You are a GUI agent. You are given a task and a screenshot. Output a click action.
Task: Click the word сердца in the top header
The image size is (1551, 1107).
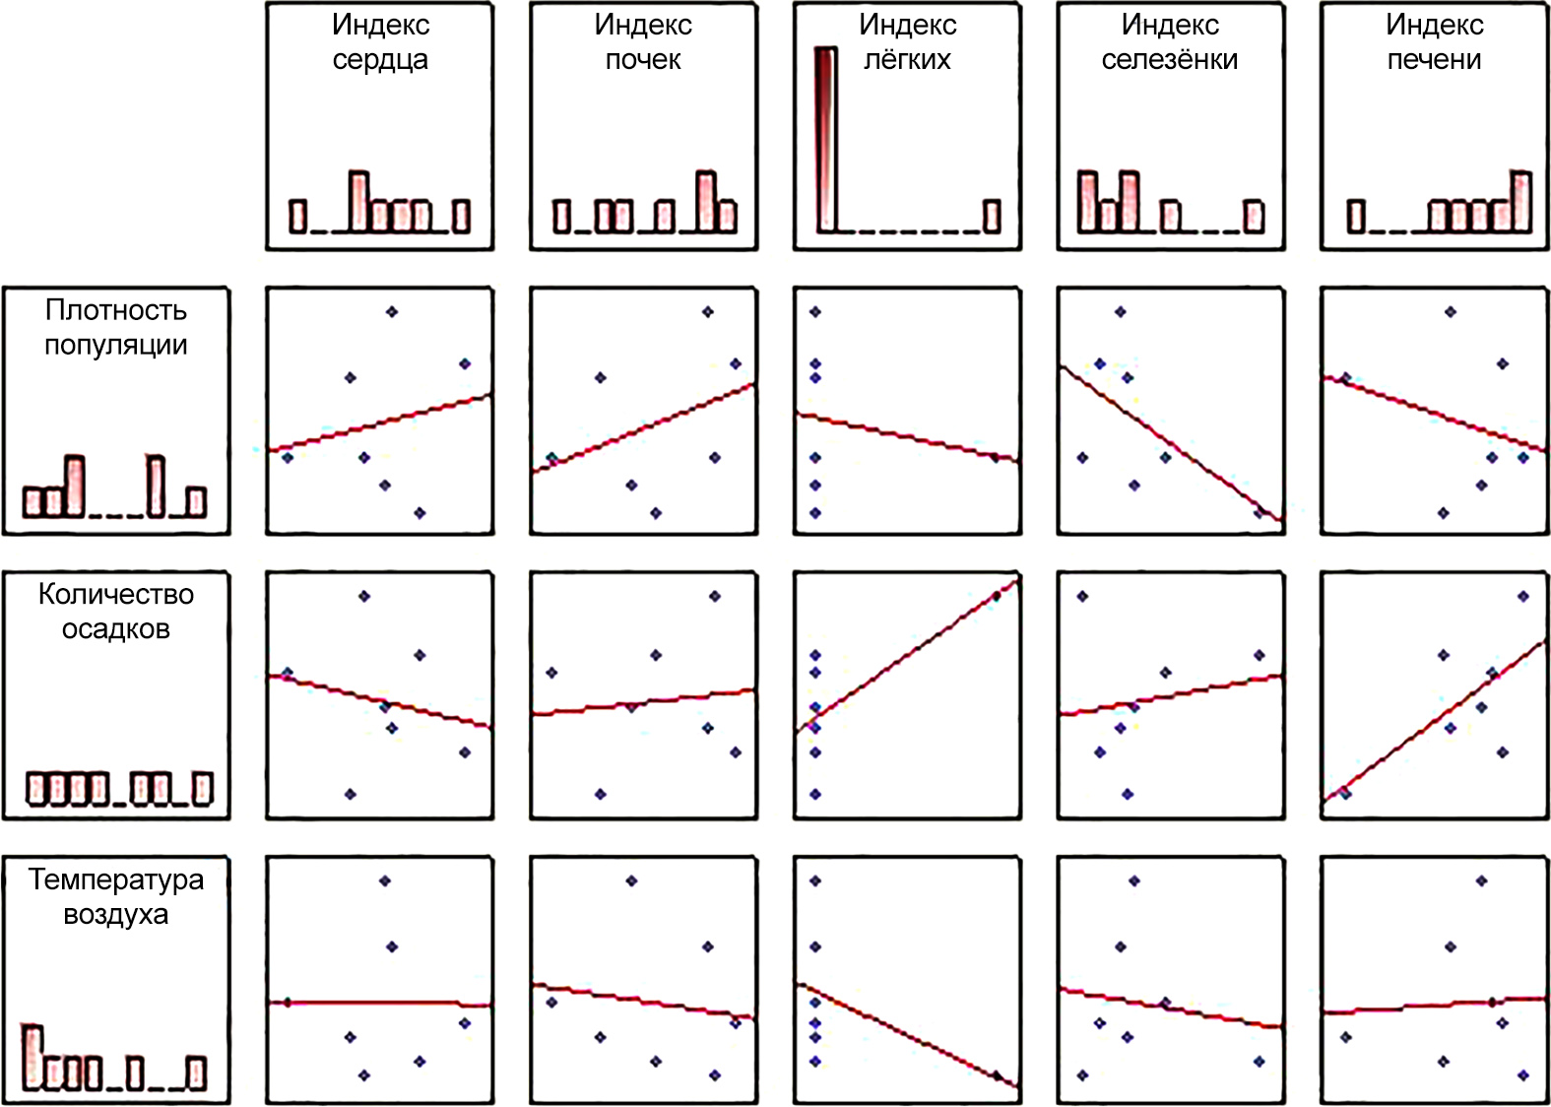380,60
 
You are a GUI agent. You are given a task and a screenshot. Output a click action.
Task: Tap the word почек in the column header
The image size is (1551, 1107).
643,60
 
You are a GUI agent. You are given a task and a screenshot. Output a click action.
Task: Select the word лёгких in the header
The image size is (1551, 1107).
907,60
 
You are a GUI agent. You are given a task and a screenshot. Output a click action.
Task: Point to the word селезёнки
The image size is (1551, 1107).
1170,60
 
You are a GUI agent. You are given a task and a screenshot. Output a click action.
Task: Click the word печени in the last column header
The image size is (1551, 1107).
1434,60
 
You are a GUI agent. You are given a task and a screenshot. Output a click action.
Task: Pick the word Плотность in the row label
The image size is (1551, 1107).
116,310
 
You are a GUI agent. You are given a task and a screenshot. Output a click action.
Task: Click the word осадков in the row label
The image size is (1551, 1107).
116,629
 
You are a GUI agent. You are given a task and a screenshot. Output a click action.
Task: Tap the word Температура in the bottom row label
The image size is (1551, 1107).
116,879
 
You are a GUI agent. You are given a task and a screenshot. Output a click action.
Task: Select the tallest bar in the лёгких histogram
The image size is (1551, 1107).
825,138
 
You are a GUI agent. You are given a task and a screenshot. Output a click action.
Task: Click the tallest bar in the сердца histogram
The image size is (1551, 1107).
359,202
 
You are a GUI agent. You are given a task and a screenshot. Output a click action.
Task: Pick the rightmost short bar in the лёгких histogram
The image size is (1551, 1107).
993,216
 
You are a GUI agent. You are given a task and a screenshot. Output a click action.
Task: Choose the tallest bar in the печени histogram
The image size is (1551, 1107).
1521,202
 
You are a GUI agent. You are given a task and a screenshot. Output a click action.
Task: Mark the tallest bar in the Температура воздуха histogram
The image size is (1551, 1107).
32,1057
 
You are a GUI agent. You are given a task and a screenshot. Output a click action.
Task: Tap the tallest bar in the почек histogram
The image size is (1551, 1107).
705,202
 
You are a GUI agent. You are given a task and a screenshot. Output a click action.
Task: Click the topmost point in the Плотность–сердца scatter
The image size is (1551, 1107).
392,312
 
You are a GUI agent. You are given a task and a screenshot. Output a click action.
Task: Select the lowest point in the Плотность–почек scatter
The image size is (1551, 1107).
656,513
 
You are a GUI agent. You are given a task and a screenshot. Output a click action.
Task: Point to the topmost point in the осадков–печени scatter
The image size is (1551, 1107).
1523,596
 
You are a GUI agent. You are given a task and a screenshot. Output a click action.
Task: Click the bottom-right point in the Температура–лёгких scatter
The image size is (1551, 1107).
997,1075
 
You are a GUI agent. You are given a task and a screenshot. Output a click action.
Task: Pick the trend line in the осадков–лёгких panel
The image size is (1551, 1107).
906,655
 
